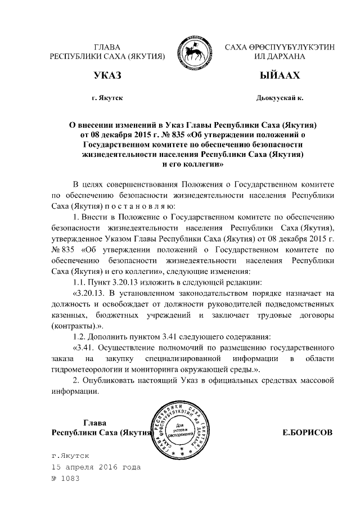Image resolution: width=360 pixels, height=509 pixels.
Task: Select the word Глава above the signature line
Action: (x=95, y=423)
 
